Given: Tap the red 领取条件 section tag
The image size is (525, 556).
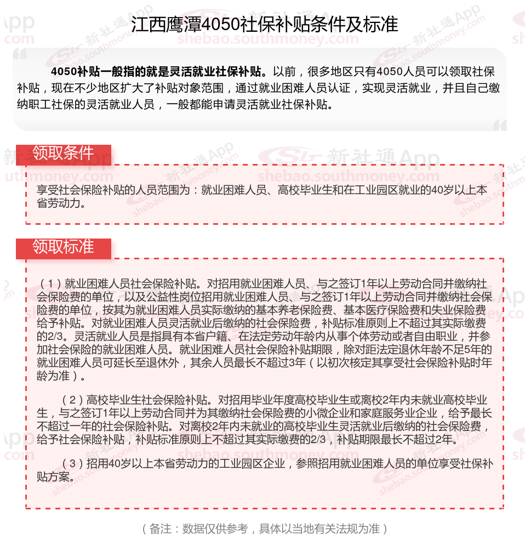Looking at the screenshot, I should pyautogui.click(x=63, y=153).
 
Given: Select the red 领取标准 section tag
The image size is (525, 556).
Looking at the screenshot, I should pyautogui.click(x=63, y=247).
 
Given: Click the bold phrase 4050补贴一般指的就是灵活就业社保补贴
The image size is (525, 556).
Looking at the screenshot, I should pyautogui.click(x=158, y=72).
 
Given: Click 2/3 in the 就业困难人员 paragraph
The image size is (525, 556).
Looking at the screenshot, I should pyautogui.click(x=45, y=336).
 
